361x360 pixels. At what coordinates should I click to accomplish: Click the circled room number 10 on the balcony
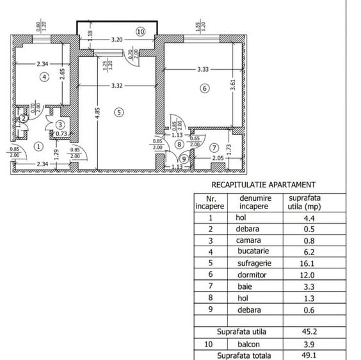pyautogui.click(x=140, y=31)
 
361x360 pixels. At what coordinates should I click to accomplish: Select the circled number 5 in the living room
pyautogui.click(x=118, y=112)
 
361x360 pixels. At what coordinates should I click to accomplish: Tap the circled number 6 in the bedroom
pyautogui.click(x=205, y=89)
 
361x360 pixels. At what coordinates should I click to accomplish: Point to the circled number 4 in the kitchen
pyautogui.click(x=44, y=77)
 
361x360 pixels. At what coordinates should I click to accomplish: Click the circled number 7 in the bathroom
pyautogui.click(x=214, y=148)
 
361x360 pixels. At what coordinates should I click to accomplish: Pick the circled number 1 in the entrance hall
pyautogui.click(x=38, y=146)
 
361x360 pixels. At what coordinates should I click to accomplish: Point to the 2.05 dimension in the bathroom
pyautogui.click(x=217, y=158)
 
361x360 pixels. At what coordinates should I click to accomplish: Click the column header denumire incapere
pyautogui.click(x=255, y=203)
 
